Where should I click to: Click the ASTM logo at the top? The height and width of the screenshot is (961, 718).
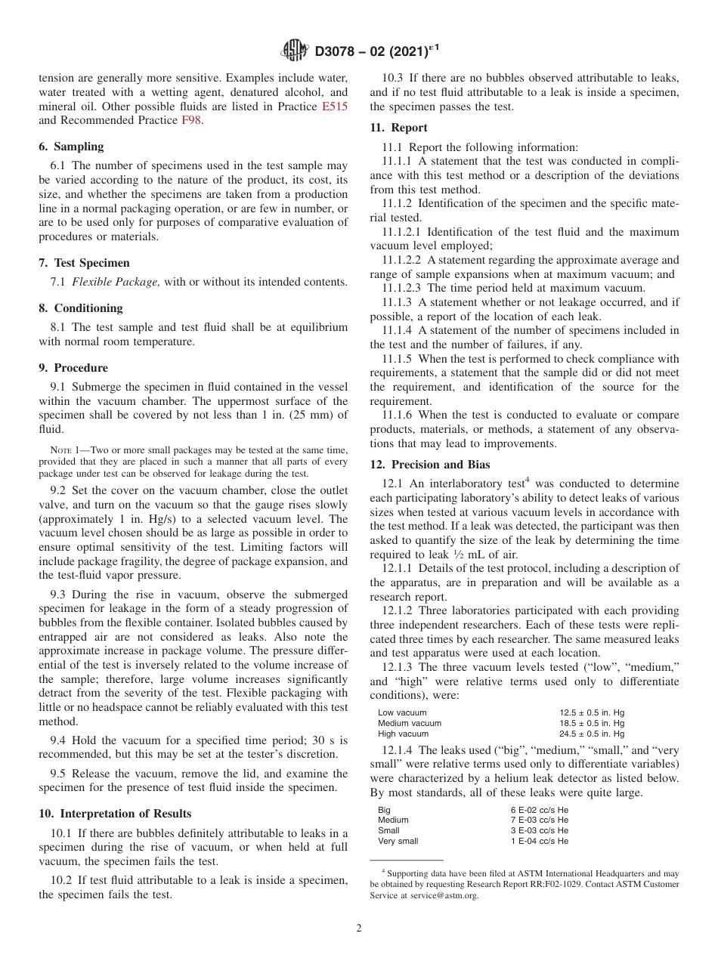point(294,51)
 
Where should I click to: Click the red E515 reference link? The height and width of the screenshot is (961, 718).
point(335,107)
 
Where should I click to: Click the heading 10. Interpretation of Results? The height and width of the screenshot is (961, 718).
point(114,814)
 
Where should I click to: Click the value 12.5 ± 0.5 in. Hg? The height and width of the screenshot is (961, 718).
point(592,712)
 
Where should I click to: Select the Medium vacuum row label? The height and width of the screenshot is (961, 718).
point(410,723)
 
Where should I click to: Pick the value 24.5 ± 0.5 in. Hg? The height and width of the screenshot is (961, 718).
point(592,734)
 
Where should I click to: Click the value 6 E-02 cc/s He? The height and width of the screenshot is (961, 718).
point(540,809)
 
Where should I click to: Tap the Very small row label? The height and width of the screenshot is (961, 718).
point(398,841)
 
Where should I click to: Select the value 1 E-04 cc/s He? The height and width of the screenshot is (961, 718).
point(540,841)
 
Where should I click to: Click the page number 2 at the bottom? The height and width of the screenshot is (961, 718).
point(359,929)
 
